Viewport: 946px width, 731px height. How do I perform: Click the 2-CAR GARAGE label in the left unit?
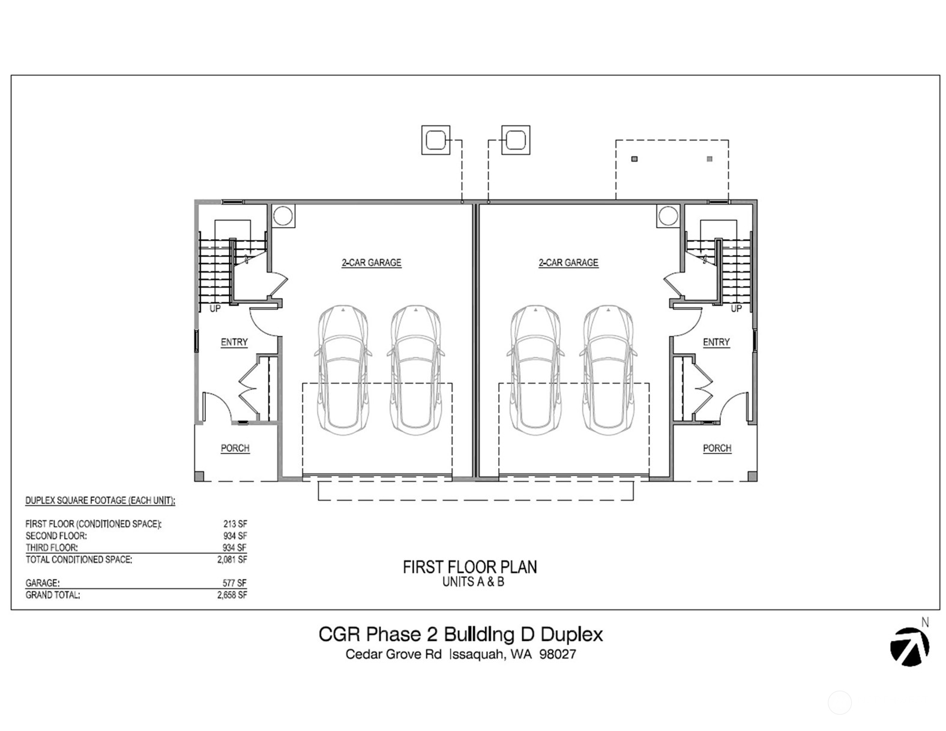[x=371, y=262]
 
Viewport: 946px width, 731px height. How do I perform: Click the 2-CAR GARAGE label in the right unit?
[x=568, y=262]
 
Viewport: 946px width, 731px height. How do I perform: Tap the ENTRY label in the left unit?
[x=234, y=342]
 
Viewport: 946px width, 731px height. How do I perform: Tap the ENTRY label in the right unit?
[x=716, y=342]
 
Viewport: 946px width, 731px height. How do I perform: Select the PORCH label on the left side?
[x=235, y=448]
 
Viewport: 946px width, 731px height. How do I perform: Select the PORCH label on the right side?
[x=717, y=448]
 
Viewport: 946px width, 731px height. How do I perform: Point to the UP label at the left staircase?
[x=215, y=309]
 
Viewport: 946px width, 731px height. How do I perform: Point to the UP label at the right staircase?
[x=736, y=309]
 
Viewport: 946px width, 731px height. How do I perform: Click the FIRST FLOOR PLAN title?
[x=469, y=567]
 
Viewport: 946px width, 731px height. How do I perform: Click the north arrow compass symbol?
[x=909, y=646]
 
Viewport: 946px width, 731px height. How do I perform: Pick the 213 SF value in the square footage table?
[x=235, y=524]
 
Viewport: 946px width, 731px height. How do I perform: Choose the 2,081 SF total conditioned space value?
[x=232, y=559]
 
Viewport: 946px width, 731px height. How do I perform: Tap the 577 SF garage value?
[x=235, y=583]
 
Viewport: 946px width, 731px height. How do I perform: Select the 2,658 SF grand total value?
[x=232, y=595]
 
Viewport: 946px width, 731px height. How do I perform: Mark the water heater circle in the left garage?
[x=283, y=216]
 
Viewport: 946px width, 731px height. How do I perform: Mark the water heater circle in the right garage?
[x=667, y=216]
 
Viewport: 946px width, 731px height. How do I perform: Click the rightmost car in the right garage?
[x=608, y=369]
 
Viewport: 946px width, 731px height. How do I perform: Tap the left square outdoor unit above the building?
[x=435, y=140]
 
